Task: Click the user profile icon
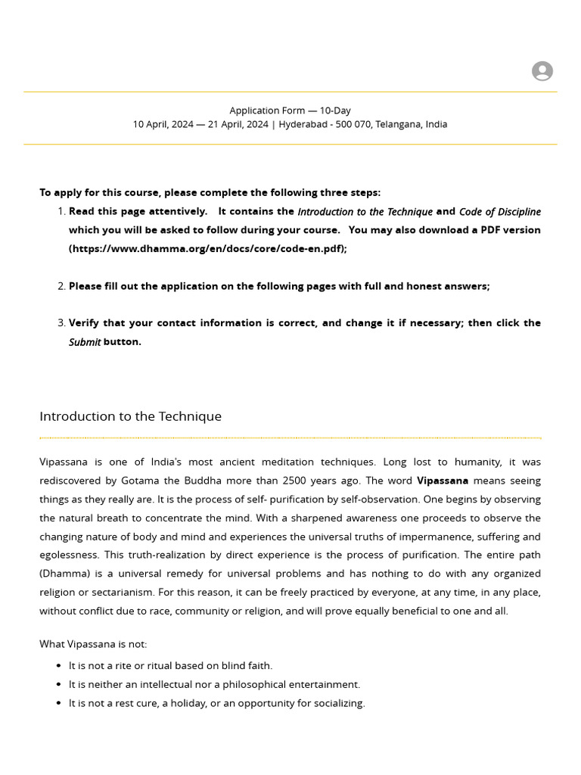pyautogui.click(x=542, y=71)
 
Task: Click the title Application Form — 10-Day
pyautogui.click(x=290, y=110)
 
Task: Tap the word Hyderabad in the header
pyautogui.click(x=304, y=124)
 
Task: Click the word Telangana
pyautogui.click(x=398, y=124)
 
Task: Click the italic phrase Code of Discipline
pyautogui.click(x=499, y=212)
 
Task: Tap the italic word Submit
pyautogui.click(x=85, y=342)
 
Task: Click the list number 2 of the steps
pyautogui.click(x=61, y=286)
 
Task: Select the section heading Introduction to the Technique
pyautogui.click(x=130, y=416)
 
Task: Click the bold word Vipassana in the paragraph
pyautogui.click(x=443, y=481)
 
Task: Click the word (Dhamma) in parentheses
pyautogui.click(x=64, y=574)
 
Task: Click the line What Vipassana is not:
pyautogui.click(x=93, y=644)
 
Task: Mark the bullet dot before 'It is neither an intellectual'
pyautogui.click(x=59, y=684)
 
